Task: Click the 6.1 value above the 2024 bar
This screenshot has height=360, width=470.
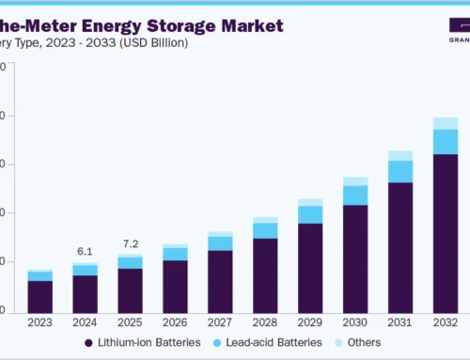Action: pyautogui.click(x=85, y=251)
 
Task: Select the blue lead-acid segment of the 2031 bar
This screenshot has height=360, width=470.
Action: pyautogui.click(x=400, y=171)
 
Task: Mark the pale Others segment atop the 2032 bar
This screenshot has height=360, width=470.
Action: pyautogui.click(x=446, y=123)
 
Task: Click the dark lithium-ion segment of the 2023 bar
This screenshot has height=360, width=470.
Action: pyautogui.click(x=39, y=295)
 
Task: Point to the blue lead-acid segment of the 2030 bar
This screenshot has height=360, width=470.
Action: pyautogui.click(x=355, y=195)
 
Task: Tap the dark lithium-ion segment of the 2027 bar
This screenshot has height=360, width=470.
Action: pyautogui.click(x=220, y=280)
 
